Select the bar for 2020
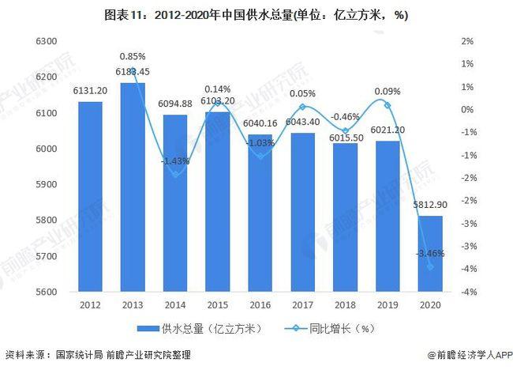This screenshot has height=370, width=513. point(431,254)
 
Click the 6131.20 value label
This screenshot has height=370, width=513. point(90,91)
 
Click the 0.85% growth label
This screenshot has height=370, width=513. point(133,56)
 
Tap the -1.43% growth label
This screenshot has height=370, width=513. point(174,160)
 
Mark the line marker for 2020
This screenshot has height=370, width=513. point(431,266)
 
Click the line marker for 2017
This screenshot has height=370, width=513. point(303,107)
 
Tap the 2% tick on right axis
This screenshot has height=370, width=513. point(466,41)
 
